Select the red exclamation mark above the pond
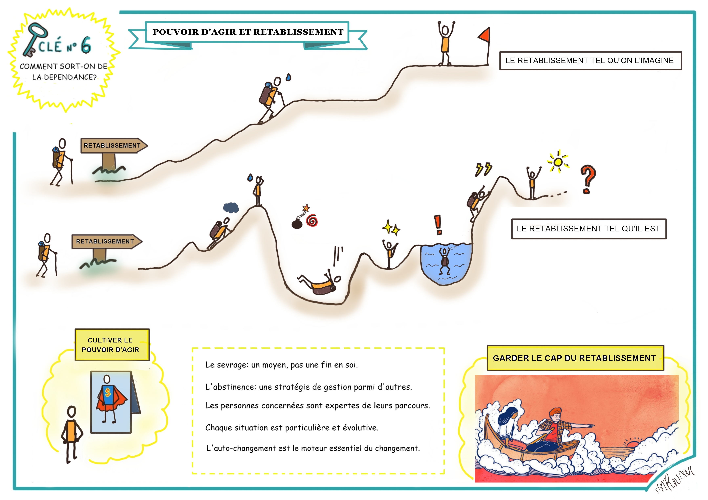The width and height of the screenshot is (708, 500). [x=438, y=224]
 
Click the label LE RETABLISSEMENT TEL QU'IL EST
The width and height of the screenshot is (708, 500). [x=588, y=229]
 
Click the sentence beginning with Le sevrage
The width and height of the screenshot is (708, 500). [x=281, y=365]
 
